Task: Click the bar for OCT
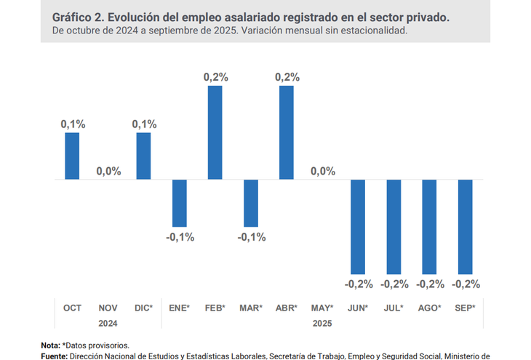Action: point(72,156)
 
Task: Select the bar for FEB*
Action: point(215,132)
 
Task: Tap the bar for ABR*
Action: point(287,132)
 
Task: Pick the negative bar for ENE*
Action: point(180,203)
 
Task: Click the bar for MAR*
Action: point(251,203)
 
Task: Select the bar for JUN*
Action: point(358,226)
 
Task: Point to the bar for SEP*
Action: point(465,226)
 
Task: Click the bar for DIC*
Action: point(143,156)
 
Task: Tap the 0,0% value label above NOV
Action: point(108,172)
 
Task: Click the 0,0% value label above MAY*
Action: point(323,172)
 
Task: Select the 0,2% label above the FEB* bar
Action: point(215,76)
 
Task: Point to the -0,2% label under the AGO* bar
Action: point(430,284)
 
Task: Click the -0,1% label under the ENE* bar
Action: point(180,237)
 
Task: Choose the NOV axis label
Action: point(108,308)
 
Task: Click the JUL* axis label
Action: point(394,308)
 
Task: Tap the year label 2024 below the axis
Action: point(108,322)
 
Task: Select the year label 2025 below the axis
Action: point(322,322)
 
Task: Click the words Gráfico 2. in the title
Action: point(77,17)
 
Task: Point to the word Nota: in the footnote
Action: point(50,345)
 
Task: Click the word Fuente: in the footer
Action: point(54,356)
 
